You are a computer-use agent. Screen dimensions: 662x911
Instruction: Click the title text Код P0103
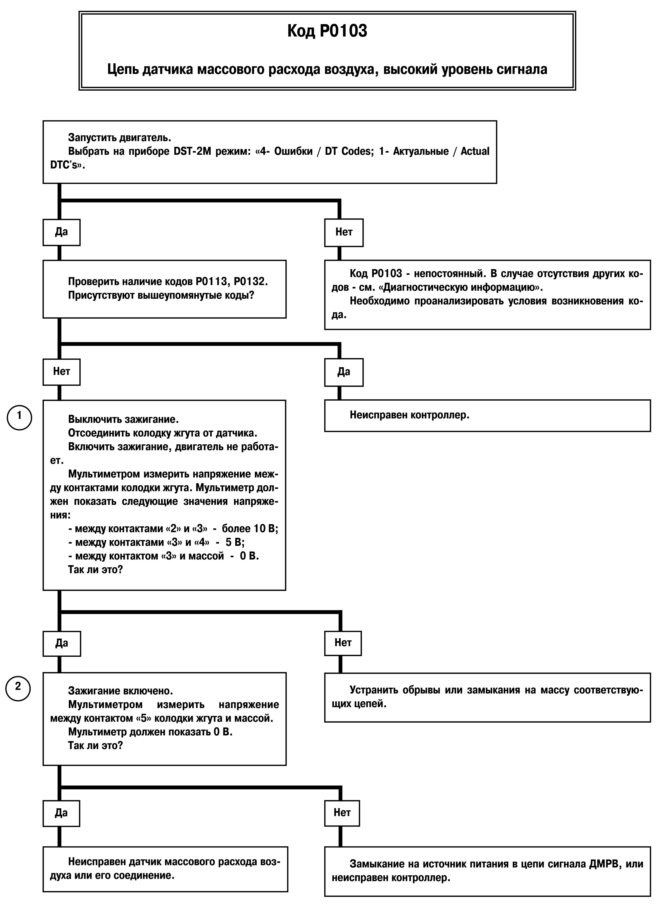coord(327,31)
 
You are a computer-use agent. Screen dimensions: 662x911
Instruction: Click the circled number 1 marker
coord(19,417)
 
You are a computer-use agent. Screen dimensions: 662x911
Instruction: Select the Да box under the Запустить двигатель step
coord(62,232)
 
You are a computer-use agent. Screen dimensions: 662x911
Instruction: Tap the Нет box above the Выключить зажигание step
coord(62,372)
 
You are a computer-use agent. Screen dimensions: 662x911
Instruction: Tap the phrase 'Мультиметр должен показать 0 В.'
coord(150,732)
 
